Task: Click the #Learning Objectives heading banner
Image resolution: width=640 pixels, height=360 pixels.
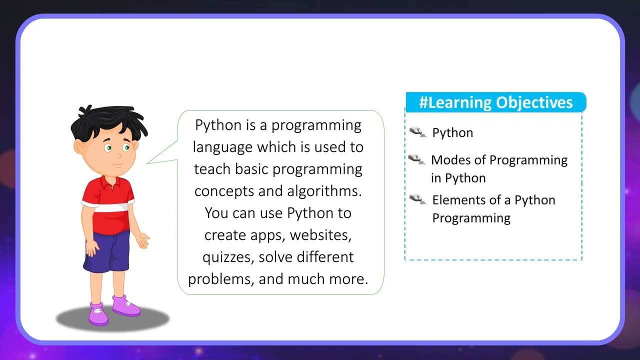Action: (x=495, y=102)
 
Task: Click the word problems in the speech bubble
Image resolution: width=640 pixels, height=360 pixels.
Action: (x=221, y=279)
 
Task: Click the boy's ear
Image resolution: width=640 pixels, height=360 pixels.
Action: (x=80, y=147)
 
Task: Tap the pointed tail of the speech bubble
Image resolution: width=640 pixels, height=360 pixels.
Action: (x=150, y=161)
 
